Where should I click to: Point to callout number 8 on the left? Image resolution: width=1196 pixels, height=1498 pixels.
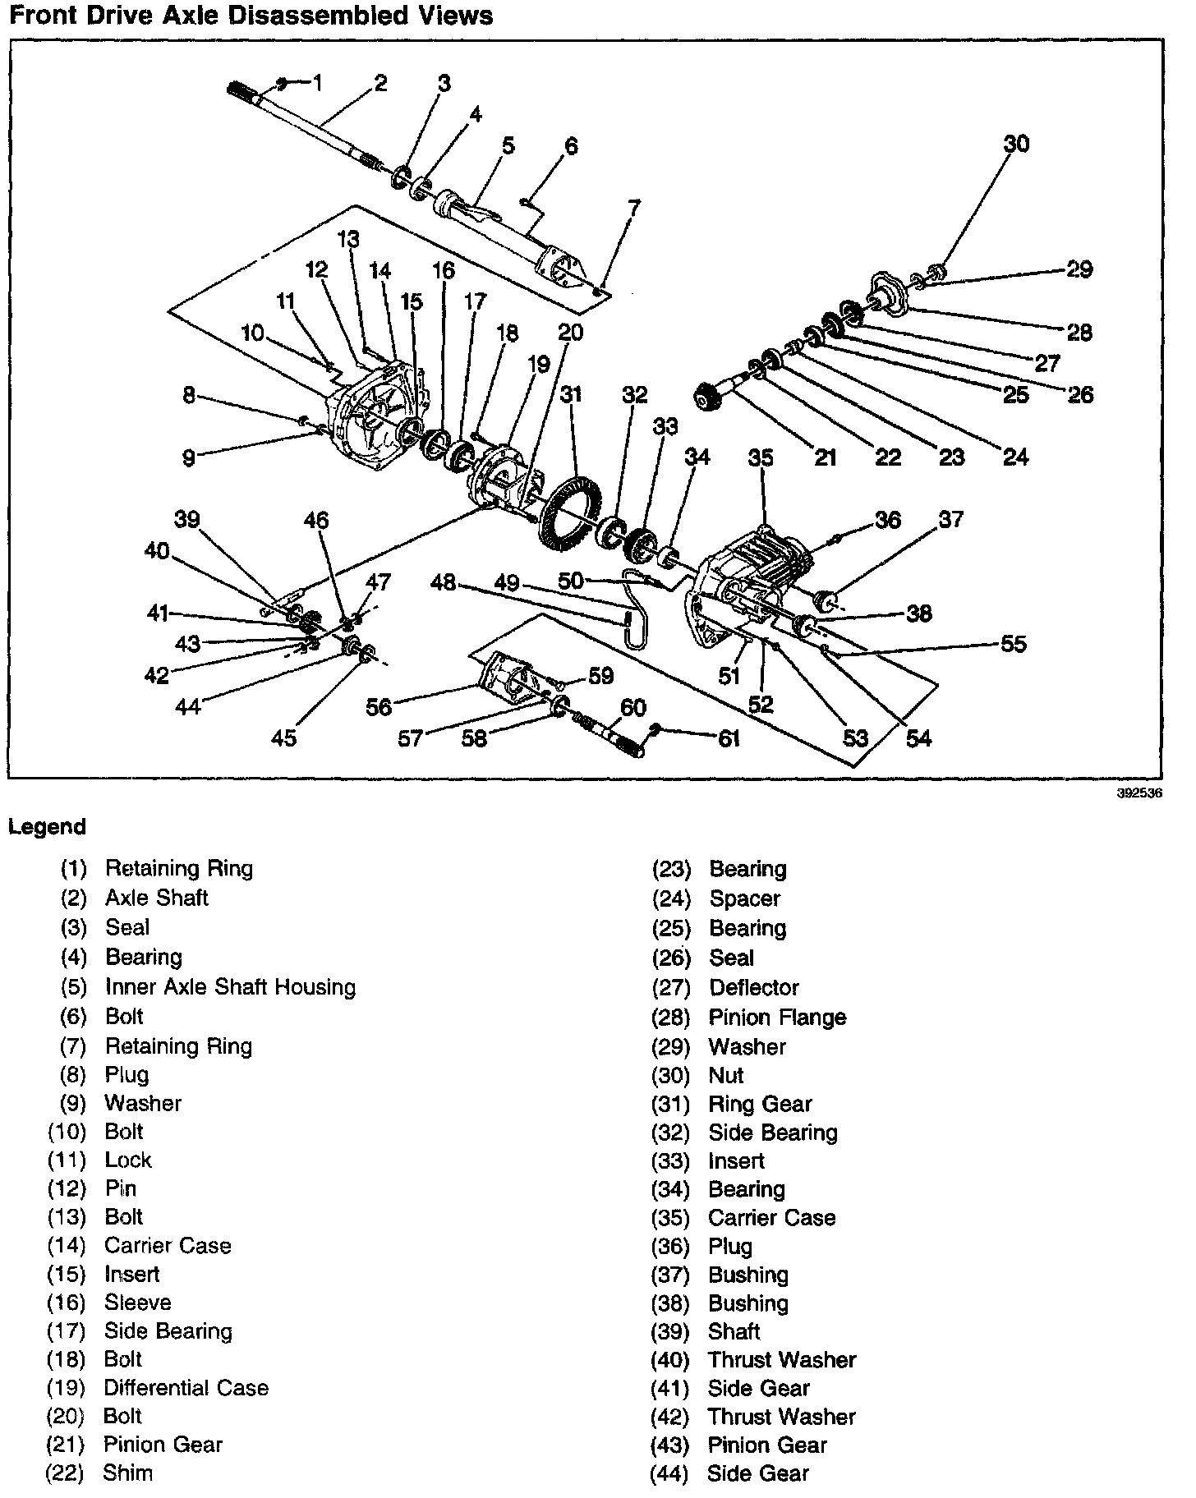tap(189, 395)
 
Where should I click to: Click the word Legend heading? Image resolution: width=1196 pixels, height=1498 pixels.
tap(47, 826)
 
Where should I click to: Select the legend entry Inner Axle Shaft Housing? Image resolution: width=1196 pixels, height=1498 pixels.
tap(230, 986)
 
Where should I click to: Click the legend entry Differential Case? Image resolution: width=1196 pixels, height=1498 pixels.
tap(186, 1387)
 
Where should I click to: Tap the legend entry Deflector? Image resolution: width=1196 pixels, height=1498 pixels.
tap(754, 987)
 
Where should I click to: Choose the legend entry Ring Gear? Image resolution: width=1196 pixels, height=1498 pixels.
tap(760, 1104)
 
